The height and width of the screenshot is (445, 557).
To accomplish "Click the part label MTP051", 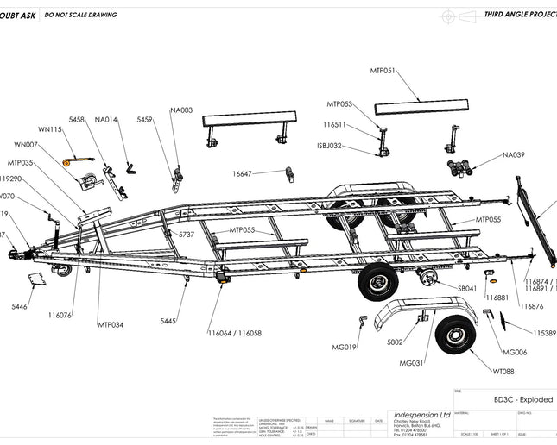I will tap(383, 70).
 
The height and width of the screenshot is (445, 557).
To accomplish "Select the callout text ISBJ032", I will tap(329, 146).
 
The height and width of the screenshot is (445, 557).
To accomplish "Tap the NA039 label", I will tap(514, 155).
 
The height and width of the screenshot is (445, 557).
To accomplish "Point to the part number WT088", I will tap(503, 371).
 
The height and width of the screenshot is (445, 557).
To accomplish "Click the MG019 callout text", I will tap(345, 348).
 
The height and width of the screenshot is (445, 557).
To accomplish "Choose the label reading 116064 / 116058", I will tap(234, 333).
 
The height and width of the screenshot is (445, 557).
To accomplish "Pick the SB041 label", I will tap(468, 289).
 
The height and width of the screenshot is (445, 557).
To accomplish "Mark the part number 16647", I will tap(242, 174).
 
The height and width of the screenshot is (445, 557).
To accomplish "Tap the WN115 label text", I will tap(50, 129).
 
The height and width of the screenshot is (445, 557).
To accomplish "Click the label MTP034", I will tap(110, 324).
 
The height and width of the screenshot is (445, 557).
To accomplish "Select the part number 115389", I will tap(544, 333).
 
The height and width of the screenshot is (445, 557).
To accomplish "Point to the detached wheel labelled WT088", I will tap(455, 337).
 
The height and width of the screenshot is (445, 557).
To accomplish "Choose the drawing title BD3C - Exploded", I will tap(523, 400).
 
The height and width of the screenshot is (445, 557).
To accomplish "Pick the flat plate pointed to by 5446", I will tap(36, 279).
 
